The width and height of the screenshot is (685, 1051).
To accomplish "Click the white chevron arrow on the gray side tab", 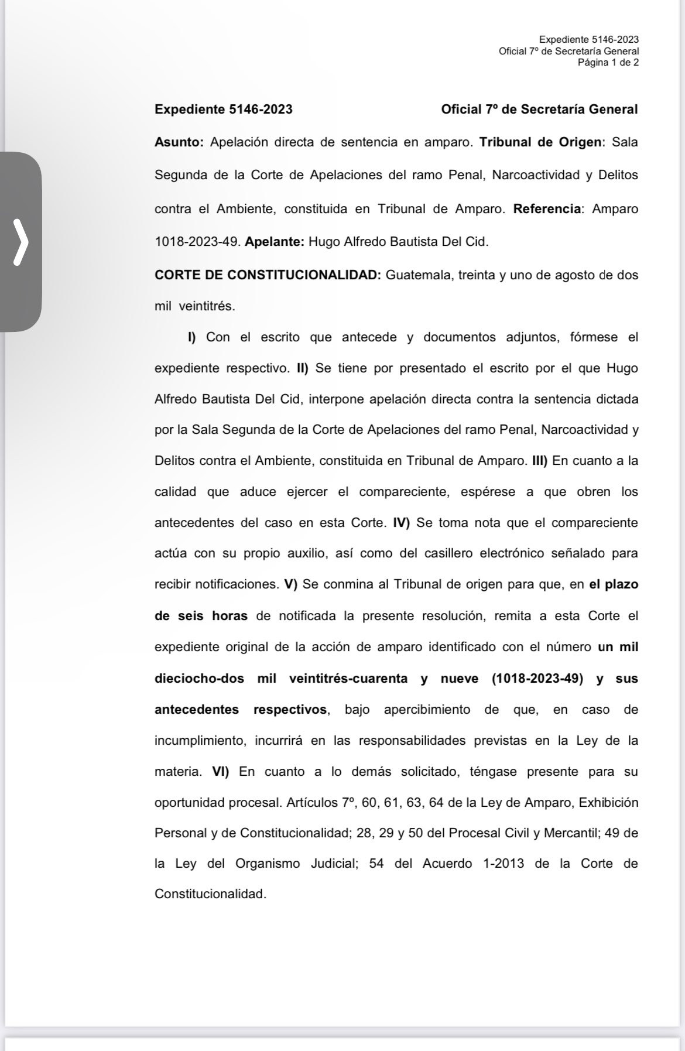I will pyautogui.click(x=21, y=242).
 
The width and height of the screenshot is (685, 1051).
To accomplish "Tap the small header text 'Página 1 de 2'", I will pyautogui.click(x=608, y=63).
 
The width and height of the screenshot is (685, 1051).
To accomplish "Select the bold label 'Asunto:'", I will pyautogui.click(x=179, y=142).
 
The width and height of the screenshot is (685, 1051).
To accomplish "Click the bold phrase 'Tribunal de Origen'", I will pyautogui.click(x=540, y=142).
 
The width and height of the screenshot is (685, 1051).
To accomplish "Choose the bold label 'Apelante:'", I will pyautogui.click(x=274, y=242).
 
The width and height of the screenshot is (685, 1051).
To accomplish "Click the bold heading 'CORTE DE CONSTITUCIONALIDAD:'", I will pyautogui.click(x=268, y=275).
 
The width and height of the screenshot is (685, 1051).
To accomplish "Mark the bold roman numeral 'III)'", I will pyautogui.click(x=539, y=461).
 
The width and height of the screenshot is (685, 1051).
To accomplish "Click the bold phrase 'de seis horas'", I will pyautogui.click(x=201, y=616).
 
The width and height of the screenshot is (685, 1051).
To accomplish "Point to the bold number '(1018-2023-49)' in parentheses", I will pyautogui.click(x=537, y=679).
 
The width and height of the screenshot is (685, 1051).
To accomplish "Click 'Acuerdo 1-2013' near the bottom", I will pyautogui.click(x=473, y=864).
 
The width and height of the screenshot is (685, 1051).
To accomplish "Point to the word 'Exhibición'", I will pyautogui.click(x=608, y=802).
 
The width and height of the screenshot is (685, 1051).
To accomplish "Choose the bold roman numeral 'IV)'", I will pyautogui.click(x=402, y=523).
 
